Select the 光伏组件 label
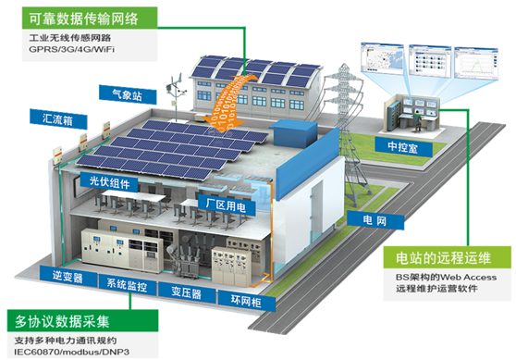pos(108,180)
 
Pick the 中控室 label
pos(407,144)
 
